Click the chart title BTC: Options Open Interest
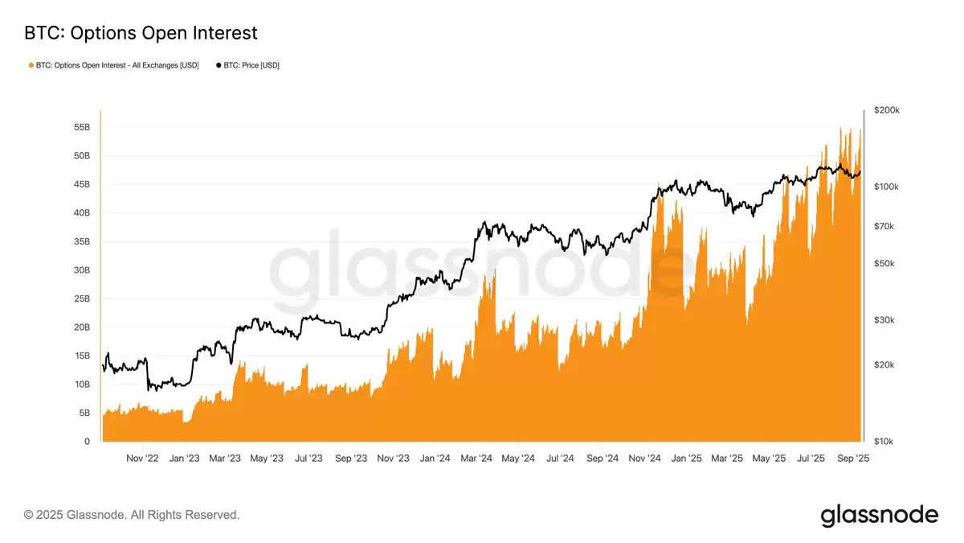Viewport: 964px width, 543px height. (141, 33)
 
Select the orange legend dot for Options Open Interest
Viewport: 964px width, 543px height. (31, 64)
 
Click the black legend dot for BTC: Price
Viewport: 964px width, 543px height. (219, 64)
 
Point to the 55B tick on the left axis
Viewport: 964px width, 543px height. (82, 127)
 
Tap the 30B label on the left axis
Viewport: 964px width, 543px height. (82, 270)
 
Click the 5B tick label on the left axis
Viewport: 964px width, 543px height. (84, 413)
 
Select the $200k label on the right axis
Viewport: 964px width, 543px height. (887, 110)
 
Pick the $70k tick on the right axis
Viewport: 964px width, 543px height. (884, 227)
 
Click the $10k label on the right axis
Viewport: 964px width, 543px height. (884, 442)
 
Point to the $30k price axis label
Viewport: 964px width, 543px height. (884, 320)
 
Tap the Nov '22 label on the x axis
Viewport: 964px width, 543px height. (142, 459)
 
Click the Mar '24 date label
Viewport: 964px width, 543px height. (476, 459)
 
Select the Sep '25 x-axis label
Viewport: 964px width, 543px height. (852, 459)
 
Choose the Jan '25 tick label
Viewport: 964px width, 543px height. (686, 459)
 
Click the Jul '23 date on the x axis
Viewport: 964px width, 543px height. (309, 459)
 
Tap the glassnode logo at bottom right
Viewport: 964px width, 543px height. (879, 515)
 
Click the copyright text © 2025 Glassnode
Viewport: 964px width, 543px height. (132, 515)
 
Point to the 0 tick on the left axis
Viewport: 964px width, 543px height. (87, 442)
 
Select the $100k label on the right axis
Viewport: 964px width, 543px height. (887, 187)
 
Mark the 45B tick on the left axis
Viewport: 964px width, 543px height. (82, 184)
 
